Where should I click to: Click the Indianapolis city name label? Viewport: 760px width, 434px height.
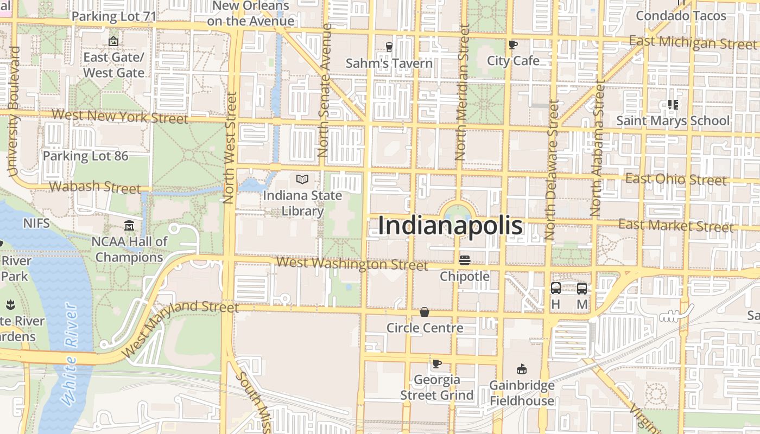point(450,226)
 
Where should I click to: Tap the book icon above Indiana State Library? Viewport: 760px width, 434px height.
point(302,179)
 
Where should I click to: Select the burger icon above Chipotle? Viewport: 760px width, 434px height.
point(465,260)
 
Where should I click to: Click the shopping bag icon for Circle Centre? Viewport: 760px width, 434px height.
point(425,312)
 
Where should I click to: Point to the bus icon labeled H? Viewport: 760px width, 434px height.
point(555,288)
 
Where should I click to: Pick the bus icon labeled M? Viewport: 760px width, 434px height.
point(582,288)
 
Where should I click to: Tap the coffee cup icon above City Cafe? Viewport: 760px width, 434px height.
point(513,44)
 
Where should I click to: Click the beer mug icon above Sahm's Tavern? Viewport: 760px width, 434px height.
point(389,47)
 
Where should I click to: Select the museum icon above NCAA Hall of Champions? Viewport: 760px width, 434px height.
point(129,225)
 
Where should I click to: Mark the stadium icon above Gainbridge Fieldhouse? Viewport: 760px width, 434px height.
point(522,369)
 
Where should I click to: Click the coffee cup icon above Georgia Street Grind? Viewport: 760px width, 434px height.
point(437,363)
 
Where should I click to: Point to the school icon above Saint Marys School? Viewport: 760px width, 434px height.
point(673,105)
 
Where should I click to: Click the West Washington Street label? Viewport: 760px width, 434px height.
point(352,264)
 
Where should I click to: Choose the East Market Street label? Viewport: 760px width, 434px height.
point(676,225)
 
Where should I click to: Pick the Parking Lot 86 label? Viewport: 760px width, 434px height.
point(86,156)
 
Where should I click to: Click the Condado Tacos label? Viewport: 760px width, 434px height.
point(681,16)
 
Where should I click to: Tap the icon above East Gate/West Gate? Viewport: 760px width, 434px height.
point(113,41)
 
